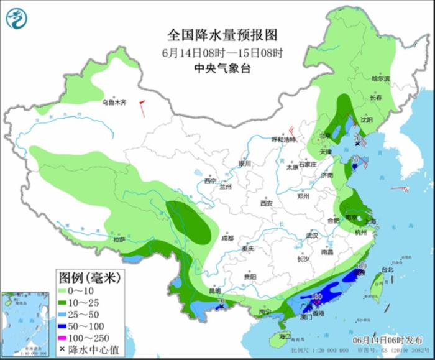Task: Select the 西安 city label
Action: point(267,203)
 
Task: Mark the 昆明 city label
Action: point(215,290)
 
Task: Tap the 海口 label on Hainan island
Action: point(285,336)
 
